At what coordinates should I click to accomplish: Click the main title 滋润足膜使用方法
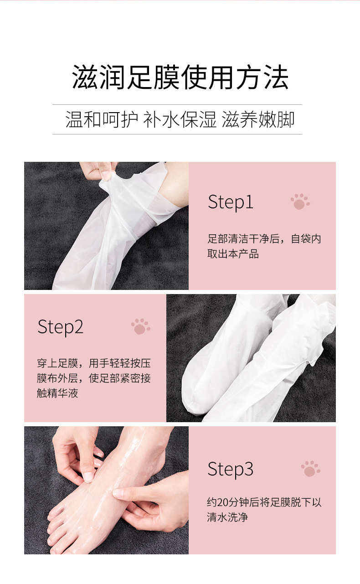click(180, 78)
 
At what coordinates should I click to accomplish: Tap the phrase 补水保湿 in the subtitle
click(180, 119)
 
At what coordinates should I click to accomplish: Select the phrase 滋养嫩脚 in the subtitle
click(258, 119)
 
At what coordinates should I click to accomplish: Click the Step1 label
click(231, 202)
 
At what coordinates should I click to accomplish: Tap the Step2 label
click(61, 327)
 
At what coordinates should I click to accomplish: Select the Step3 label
click(231, 469)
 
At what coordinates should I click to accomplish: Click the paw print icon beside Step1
click(300, 202)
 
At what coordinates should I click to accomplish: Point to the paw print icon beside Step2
click(141, 326)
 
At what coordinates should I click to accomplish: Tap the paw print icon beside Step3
click(310, 469)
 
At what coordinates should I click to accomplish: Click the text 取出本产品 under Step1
click(233, 254)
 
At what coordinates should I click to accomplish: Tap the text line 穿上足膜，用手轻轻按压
click(94, 363)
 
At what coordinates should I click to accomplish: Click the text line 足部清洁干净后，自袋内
click(264, 239)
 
